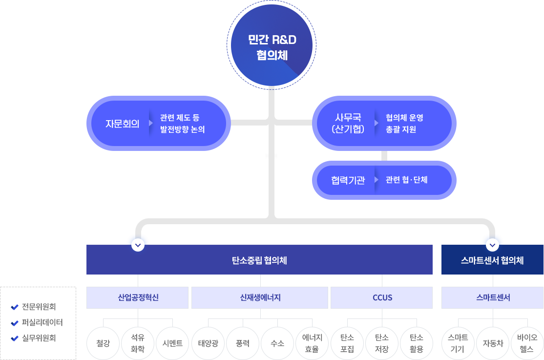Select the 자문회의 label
[122, 124]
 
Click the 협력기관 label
[348, 180]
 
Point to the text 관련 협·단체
[406, 180]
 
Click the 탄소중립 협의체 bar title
[259, 260]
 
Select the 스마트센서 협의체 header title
[492, 260]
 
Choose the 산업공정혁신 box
[138, 297]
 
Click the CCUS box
[382, 297]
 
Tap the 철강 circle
[103, 343]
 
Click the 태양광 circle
[208, 343]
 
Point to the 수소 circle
[277, 343]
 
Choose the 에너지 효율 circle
[312, 343]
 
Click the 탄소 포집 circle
[347, 343]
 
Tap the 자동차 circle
[492, 343]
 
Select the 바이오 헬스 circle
[527, 343]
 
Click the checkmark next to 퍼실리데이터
[14, 323]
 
